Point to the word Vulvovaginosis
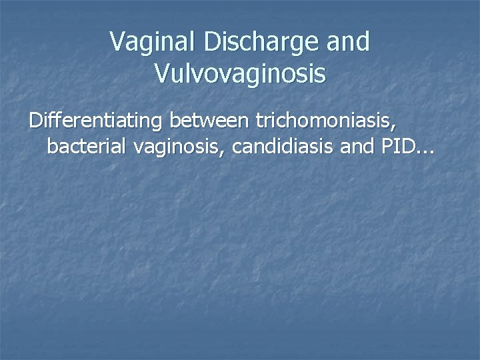coord(240,74)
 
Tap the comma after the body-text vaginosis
coord(227,153)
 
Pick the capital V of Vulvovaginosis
coord(162,73)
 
